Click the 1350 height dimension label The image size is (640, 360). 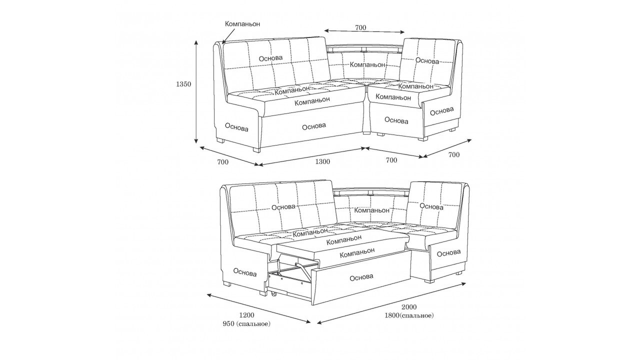[x=183, y=84]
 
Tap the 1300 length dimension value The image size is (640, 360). [x=322, y=161]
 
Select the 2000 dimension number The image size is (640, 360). [x=409, y=307]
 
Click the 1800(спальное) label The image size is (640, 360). [x=409, y=315]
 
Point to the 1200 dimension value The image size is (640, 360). [x=246, y=315]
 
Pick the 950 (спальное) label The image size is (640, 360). [x=246, y=324]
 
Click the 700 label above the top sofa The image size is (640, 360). [x=360, y=27]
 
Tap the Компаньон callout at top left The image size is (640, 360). [x=242, y=23]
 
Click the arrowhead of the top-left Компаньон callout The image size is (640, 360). [x=223, y=43]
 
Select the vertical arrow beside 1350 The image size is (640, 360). [x=196, y=91]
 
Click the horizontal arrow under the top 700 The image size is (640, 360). [x=364, y=31]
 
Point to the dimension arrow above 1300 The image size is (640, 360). [x=312, y=156]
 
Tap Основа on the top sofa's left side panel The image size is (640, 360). [x=236, y=127]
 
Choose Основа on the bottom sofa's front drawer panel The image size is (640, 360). [x=361, y=277]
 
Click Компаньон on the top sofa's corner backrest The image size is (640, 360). [x=367, y=64]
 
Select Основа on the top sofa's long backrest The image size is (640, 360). [x=271, y=58]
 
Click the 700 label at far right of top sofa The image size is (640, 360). [x=453, y=155]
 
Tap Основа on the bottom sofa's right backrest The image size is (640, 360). [x=431, y=206]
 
